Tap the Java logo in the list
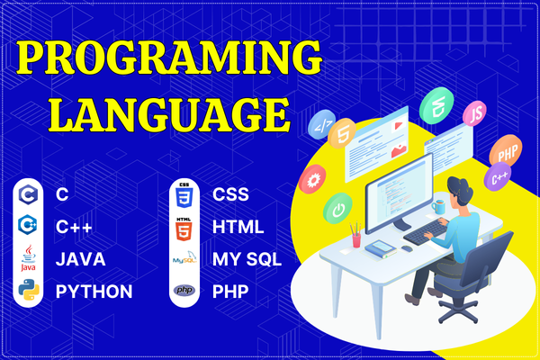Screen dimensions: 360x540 pos(28,259)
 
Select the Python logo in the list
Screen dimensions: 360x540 pos(28,291)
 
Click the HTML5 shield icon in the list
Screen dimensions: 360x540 pos(184,227)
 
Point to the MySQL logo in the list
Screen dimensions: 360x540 pos(184,259)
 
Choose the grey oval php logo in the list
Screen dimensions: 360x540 pos(184,291)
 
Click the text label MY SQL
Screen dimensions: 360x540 pos(247,259)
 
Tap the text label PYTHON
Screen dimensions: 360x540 pos(94,292)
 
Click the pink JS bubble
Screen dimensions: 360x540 pos(474,114)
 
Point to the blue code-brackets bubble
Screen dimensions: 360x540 pos(320,126)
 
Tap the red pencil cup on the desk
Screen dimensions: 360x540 pos(357,239)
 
